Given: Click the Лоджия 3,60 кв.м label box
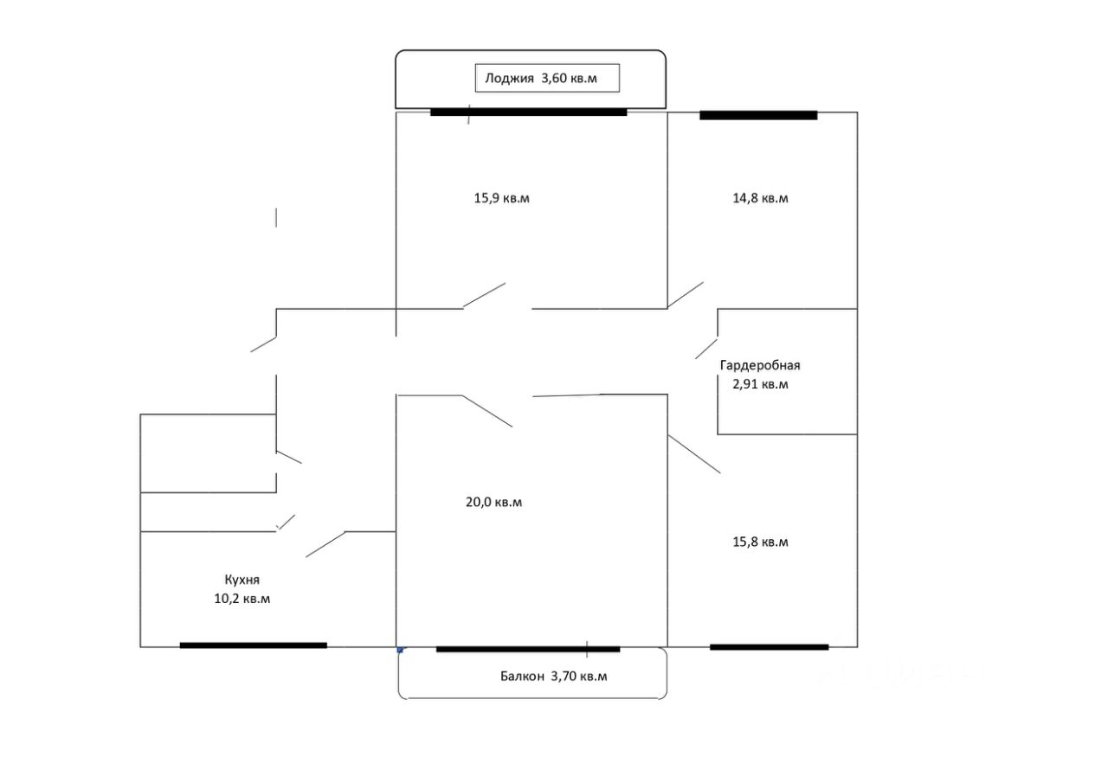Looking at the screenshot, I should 547,78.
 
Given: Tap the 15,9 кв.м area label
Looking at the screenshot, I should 501,198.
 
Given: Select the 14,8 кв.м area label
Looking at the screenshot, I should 760,198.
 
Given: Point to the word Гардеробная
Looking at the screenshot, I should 760,365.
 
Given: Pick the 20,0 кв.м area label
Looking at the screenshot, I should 493,502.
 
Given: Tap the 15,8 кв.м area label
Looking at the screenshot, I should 760,542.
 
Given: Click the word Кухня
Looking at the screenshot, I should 242,580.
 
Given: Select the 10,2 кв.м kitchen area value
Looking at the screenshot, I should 242,599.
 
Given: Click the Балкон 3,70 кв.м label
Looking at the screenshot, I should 553,677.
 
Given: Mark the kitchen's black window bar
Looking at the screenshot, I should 253,645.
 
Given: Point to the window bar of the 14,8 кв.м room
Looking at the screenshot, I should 758,115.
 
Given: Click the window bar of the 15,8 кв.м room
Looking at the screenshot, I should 769,647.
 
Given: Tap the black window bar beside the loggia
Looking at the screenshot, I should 528,112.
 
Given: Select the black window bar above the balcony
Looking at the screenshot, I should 528,649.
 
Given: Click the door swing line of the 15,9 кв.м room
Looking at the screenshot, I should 485,295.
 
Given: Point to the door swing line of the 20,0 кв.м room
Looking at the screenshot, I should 487,411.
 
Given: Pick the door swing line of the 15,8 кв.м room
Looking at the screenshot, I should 694,454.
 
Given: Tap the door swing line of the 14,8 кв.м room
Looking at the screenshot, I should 686,295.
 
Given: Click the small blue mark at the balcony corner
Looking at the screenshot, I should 401,650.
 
